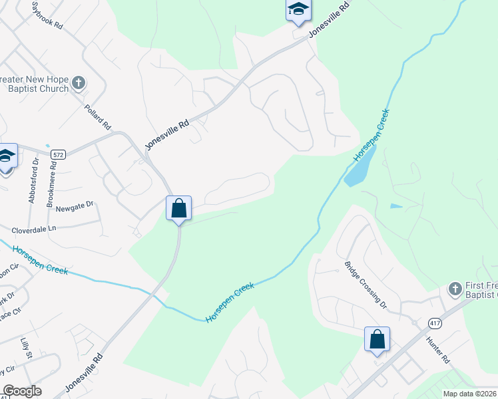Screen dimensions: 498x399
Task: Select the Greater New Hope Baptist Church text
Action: coord(34,84)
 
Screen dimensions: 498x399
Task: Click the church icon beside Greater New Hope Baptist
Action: coord(79,83)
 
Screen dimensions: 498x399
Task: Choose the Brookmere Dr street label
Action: coord(51,182)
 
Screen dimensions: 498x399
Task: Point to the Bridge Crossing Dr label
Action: coord(365,283)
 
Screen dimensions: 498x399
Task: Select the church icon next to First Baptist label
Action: coord(455,289)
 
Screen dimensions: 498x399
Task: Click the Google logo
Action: coord(22,391)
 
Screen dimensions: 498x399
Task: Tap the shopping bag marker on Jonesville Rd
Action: coord(178,208)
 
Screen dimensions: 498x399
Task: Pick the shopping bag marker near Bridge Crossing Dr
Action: coord(377,339)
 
